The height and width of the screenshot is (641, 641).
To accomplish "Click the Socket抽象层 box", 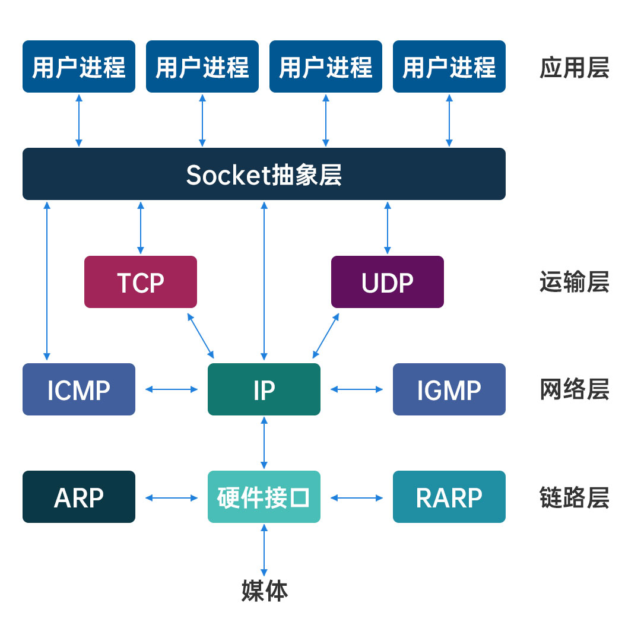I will (264, 174).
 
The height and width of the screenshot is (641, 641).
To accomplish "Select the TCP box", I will (141, 282).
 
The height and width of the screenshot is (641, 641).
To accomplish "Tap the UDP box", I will (388, 282).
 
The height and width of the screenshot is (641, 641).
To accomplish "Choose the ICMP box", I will (79, 389).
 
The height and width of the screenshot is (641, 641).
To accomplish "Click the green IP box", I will (264, 389).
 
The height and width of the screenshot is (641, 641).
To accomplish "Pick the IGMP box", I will (449, 389).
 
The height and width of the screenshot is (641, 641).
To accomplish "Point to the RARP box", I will (449, 497).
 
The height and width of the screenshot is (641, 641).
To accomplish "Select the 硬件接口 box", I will (264, 497).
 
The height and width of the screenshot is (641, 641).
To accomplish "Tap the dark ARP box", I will (79, 497).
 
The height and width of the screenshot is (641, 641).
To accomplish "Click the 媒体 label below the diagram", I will (265, 591).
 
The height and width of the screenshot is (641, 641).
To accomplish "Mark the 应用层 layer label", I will (574, 68).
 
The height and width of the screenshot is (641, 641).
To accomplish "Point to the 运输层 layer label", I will (574, 283).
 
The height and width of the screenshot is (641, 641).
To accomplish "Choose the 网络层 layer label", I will (574, 390).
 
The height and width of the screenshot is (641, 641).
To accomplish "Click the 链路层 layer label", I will (574, 497).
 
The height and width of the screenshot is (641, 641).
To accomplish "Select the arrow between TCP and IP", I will (201, 336).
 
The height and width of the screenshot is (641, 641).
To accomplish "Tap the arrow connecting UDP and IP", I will (326, 336).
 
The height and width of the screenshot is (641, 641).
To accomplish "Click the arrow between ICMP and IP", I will (172, 389).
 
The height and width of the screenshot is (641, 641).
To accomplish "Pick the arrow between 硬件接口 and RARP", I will (357, 497).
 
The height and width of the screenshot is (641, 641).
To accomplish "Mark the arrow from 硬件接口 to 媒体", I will (264, 550).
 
